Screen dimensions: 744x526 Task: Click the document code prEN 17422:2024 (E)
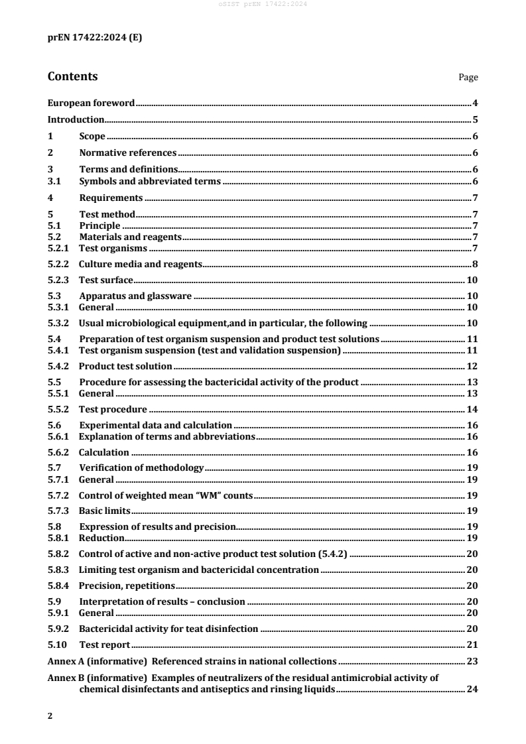[x=94, y=38]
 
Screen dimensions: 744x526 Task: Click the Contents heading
[x=72, y=76]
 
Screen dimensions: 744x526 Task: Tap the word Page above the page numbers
[x=468, y=78]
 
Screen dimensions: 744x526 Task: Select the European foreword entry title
[x=92, y=103]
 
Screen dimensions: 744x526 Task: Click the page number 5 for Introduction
[x=475, y=120]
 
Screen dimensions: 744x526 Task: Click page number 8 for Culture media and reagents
[x=475, y=264]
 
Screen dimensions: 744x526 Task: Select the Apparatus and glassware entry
[x=135, y=296]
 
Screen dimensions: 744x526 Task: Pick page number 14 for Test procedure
[x=472, y=409]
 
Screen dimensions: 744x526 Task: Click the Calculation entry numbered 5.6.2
[x=103, y=452]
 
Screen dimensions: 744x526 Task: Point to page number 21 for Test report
[x=472, y=645]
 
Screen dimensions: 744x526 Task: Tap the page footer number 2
[x=50, y=717]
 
